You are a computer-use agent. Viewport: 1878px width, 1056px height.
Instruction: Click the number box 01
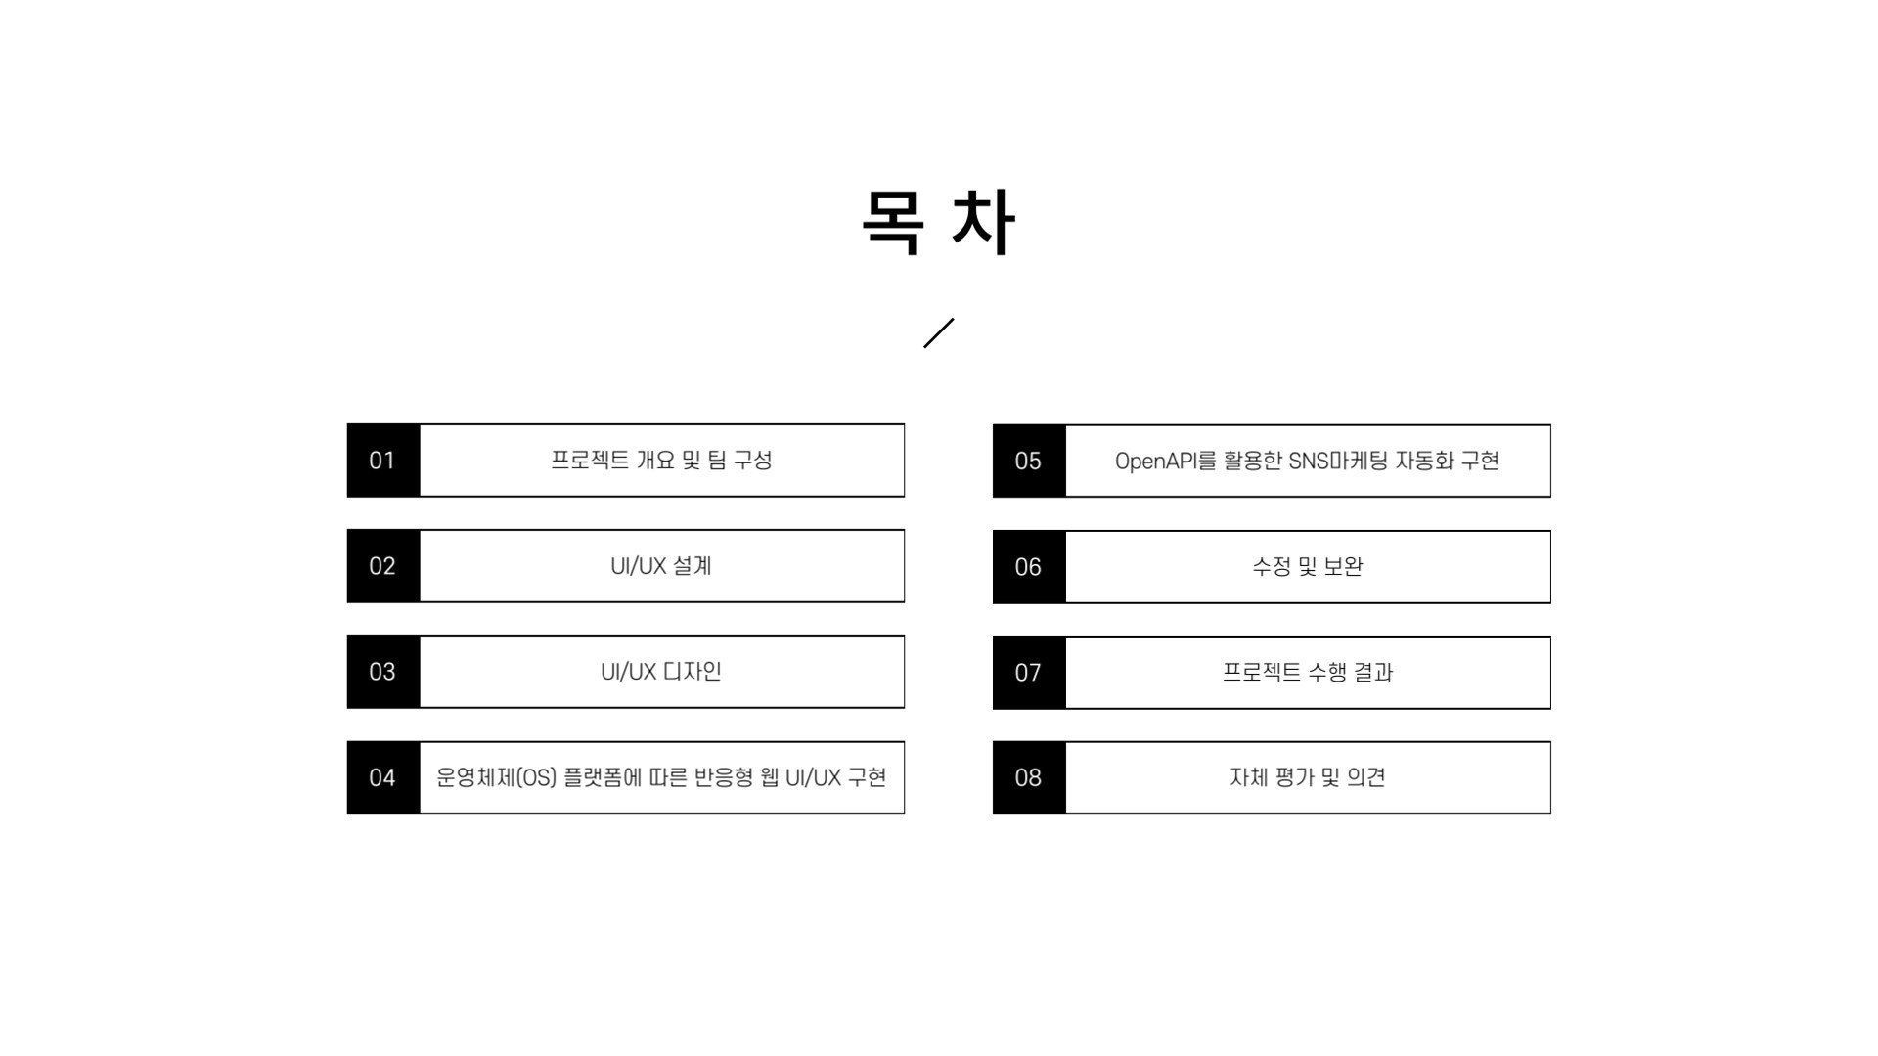pos(382,461)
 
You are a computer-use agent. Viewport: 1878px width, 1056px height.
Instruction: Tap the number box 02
pos(382,566)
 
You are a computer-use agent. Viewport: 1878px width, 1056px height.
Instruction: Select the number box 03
pos(382,672)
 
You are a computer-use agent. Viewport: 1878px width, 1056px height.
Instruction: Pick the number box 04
pos(382,777)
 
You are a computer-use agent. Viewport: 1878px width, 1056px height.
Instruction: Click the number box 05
pos(1028,461)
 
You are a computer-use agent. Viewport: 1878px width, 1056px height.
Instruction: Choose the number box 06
pos(1028,567)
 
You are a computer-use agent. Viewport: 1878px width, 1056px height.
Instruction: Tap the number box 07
pos(1028,673)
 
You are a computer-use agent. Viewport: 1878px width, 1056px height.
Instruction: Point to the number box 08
pos(1028,777)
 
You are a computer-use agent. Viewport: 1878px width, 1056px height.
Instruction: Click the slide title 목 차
pos(938,223)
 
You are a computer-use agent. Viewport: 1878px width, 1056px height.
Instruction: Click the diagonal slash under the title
pos(938,332)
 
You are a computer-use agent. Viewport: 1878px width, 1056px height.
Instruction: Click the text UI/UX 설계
pos(660,566)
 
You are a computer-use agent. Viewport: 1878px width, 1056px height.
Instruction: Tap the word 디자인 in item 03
pos(692,672)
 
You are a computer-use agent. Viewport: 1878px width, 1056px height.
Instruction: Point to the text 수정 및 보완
pos(1307,567)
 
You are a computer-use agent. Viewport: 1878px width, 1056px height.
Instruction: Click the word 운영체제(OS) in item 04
pos(496,777)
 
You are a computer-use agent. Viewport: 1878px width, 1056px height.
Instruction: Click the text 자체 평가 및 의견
pos(1307,777)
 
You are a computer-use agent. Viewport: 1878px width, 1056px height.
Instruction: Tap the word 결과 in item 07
pos(1372,673)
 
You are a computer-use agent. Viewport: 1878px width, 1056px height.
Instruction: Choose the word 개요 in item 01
pos(654,461)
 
